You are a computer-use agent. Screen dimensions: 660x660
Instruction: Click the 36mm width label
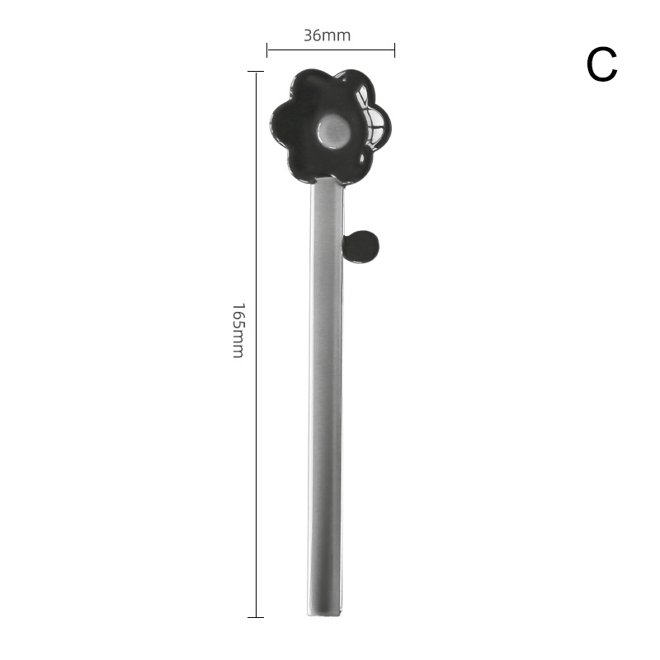[327, 35]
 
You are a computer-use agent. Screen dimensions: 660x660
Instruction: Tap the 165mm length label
[238, 331]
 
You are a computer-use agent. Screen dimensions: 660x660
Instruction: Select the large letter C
[602, 64]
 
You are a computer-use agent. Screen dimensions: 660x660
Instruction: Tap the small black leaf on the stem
[361, 247]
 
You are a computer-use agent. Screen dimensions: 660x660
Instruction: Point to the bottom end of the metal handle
[324, 615]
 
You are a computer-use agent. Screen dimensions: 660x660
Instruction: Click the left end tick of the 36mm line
[266, 49]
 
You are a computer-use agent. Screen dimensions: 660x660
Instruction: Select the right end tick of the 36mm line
[394, 49]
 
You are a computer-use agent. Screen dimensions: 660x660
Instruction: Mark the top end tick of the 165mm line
[256, 72]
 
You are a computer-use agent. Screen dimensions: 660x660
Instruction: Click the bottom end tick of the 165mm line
[256, 617]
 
